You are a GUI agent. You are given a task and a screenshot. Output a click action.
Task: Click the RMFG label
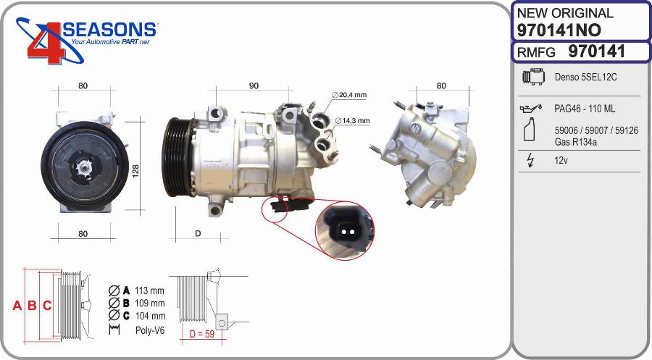click(x=536, y=52)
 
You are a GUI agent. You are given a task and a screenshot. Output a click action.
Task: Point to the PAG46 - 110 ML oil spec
click(x=585, y=109)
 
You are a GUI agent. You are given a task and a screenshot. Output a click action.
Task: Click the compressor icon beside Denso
click(x=532, y=77)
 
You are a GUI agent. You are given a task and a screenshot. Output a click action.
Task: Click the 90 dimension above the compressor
click(x=254, y=86)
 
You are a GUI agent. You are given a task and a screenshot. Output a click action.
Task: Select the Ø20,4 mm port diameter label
click(x=350, y=95)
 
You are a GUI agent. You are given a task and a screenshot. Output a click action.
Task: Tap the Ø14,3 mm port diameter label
click(x=352, y=121)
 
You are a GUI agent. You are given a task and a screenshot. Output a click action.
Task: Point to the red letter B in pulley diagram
click(x=32, y=306)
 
